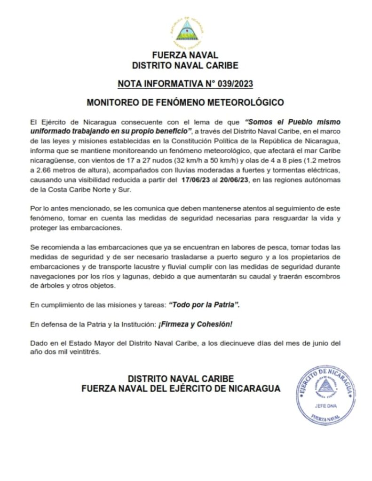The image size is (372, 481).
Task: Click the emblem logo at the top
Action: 185,31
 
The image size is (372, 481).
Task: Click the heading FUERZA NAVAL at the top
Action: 185,55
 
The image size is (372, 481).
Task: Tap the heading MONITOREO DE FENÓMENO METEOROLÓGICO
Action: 185,101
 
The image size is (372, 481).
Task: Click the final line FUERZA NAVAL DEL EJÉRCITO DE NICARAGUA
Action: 181,388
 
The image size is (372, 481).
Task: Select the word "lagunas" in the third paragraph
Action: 124,277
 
